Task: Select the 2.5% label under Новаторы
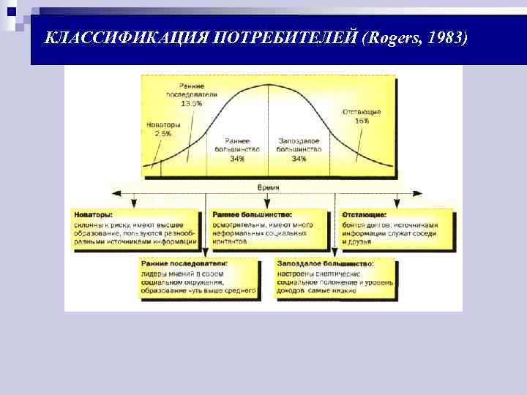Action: click(162, 134)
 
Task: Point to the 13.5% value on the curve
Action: click(191, 104)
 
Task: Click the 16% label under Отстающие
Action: click(362, 121)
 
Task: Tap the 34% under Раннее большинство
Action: click(237, 157)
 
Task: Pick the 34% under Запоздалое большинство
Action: click(299, 157)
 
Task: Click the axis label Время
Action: click(269, 187)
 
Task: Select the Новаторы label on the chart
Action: click(162, 124)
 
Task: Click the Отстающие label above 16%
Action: click(362, 112)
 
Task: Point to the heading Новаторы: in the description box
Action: click(93, 215)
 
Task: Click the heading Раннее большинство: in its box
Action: click(251, 215)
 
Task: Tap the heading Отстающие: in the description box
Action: click(365, 215)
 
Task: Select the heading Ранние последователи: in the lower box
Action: click(184, 262)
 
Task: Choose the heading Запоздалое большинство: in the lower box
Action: click(326, 262)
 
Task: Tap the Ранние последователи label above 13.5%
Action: click(191, 91)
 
